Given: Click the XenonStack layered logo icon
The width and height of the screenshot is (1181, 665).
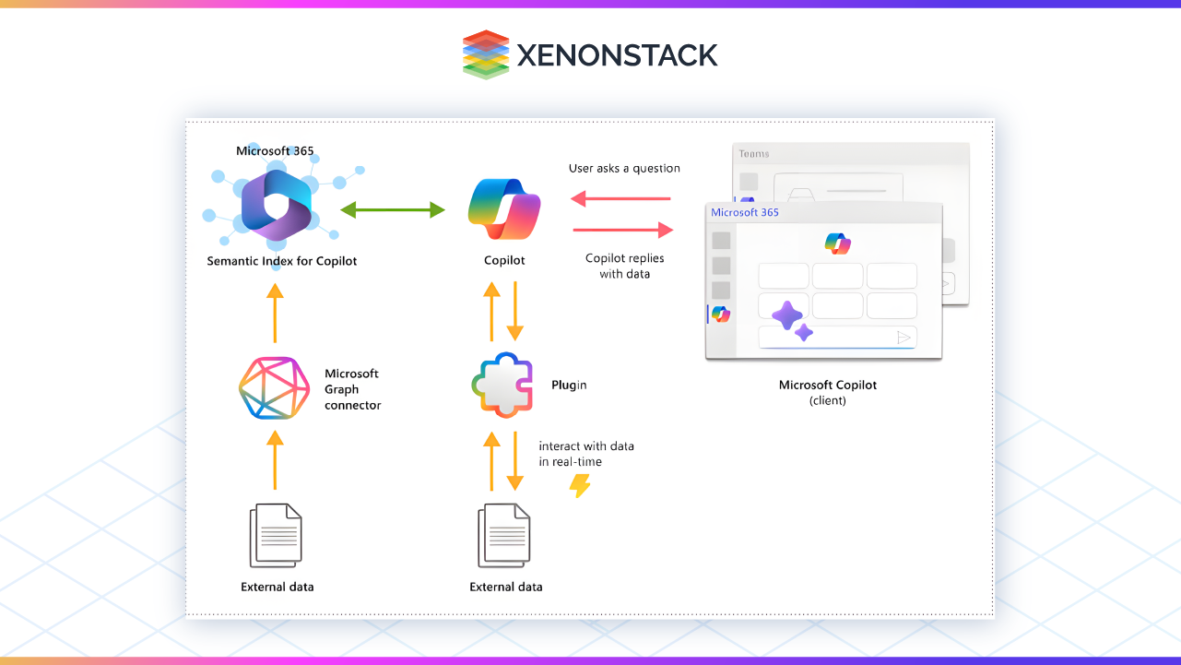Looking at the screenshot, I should tap(485, 54).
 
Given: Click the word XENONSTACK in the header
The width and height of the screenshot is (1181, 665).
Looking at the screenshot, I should tap(617, 55).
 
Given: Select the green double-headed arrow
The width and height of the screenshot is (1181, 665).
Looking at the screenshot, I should tap(393, 210).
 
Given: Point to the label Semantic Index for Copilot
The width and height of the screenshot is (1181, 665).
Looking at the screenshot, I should tap(281, 261).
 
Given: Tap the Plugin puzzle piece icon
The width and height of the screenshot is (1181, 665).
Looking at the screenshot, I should tap(502, 385).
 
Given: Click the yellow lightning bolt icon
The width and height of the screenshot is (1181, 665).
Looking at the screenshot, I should tap(579, 485).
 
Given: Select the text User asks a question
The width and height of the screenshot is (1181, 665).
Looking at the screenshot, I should tap(624, 169).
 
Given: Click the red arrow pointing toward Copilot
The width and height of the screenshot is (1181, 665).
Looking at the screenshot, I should tap(620, 198).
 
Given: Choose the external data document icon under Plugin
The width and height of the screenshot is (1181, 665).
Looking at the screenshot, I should tap(504, 537).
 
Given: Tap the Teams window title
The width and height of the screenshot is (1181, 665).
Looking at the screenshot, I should tap(753, 154).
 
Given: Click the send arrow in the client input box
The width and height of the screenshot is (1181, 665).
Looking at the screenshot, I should tap(904, 338).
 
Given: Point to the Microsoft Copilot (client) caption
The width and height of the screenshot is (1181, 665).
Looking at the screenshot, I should tap(827, 392).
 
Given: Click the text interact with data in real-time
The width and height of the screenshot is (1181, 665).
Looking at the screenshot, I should tap(586, 453).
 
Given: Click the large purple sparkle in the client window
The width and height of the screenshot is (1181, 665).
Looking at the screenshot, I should tap(786, 315).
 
